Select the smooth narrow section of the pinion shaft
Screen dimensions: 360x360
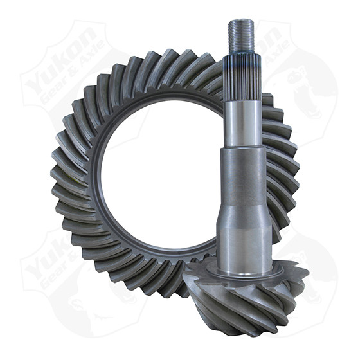244,119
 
